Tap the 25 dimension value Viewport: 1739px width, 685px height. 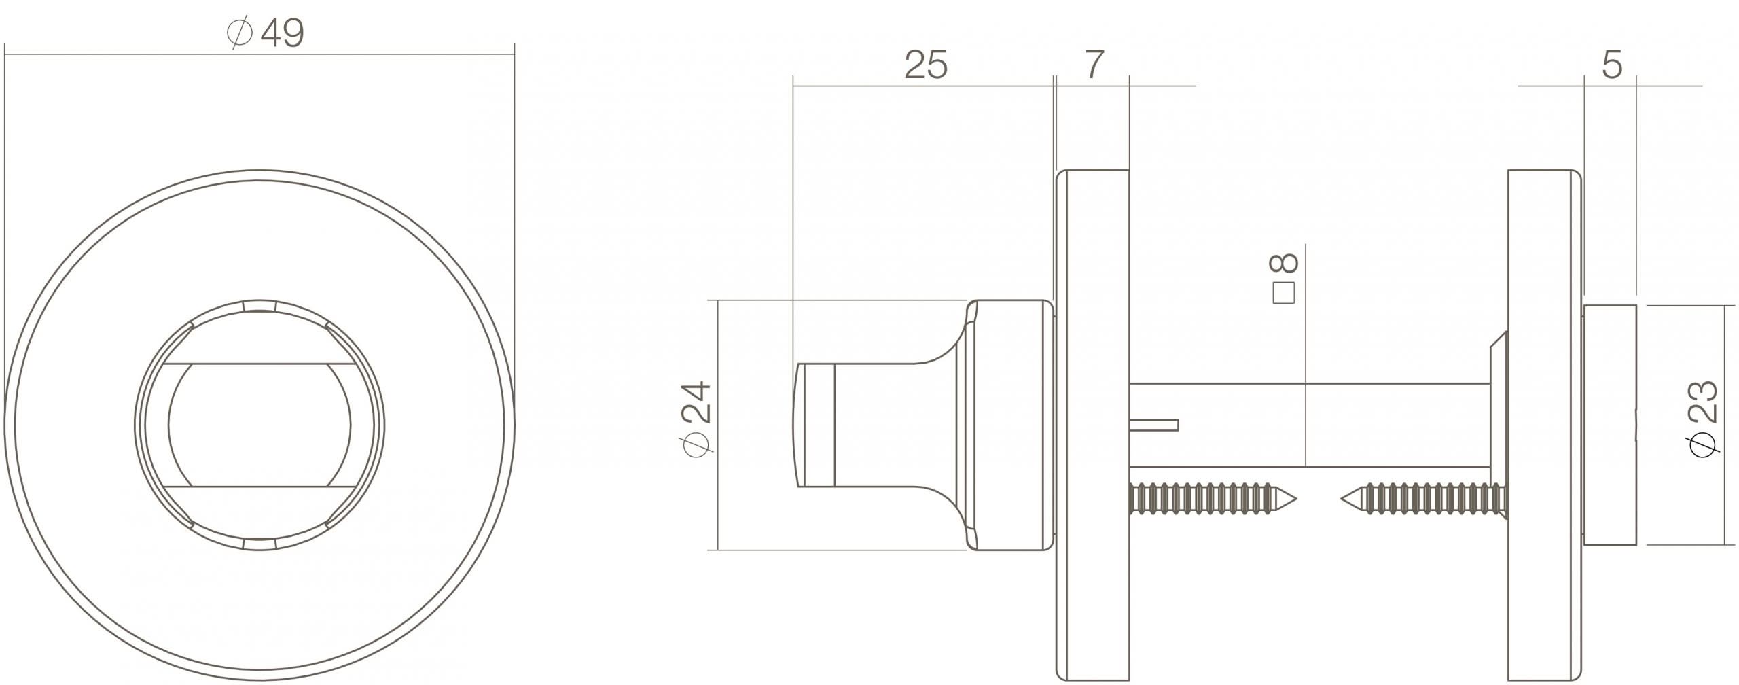click(925, 66)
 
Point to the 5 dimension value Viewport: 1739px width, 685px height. click(1611, 66)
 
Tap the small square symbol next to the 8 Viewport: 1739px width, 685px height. click(1283, 293)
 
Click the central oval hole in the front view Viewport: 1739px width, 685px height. click(259, 425)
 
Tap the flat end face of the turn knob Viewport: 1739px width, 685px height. click(798, 425)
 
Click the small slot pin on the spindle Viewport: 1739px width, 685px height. click(1155, 425)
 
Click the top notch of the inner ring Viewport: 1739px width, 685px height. click(259, 305)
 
